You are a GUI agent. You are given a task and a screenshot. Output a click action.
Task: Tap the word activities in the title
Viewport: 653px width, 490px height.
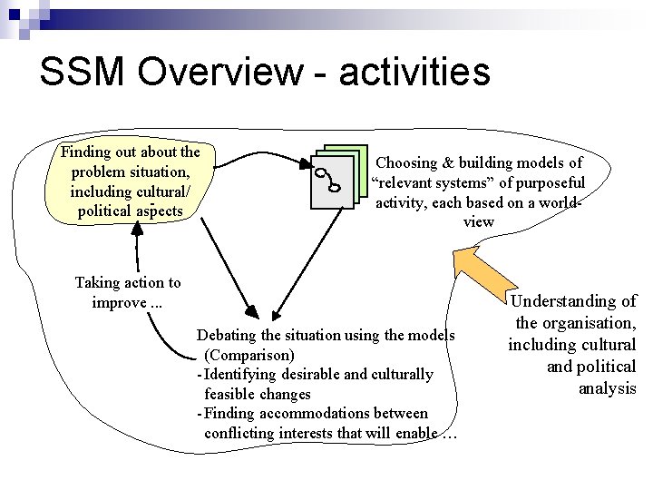click(414, 72)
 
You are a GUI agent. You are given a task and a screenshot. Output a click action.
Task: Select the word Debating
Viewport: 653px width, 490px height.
click(230, 335)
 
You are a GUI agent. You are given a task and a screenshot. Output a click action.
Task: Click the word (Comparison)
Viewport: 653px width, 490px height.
click(250, 355)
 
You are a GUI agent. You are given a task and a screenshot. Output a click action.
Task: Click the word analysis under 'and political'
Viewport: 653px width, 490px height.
click(608, 388)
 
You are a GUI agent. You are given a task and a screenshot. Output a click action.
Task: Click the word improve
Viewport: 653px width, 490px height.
click(117, 302)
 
